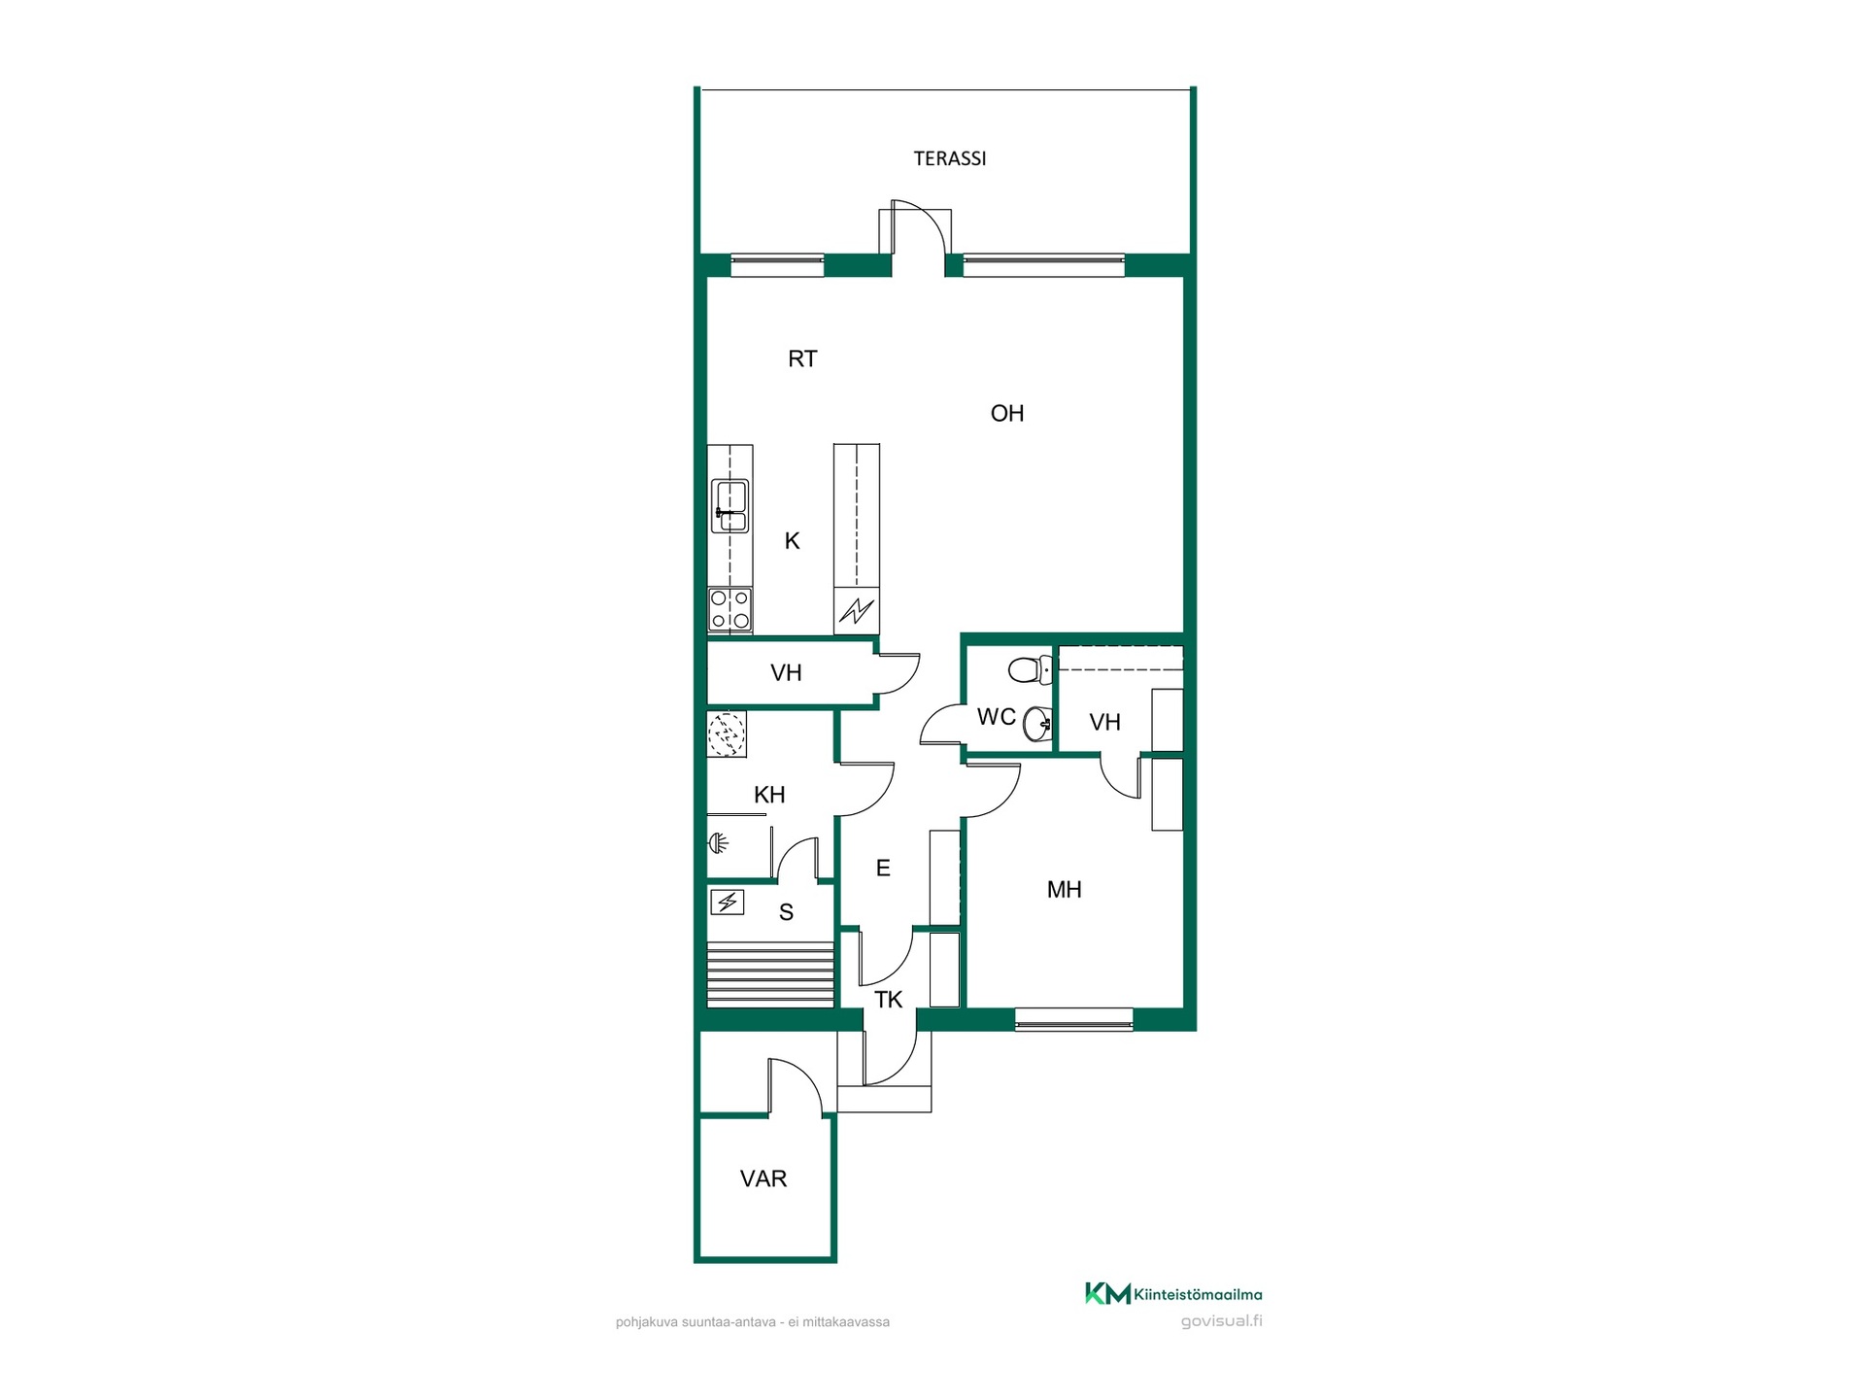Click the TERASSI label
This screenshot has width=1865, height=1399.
[949, 158]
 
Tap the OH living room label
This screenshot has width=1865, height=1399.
[1007, 414]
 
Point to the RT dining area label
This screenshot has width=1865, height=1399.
[802, 359]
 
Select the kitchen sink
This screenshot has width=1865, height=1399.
[729, 506]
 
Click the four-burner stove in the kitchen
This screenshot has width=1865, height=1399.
[729, 610]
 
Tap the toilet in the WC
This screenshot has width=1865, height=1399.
[1031, 669]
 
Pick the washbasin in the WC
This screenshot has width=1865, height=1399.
[1038, 724]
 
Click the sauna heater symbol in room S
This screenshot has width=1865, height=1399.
[727, 903]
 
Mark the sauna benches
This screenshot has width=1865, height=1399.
[770, 974]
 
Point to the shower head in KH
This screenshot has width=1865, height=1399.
[719, 842]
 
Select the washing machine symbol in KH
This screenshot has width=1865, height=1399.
[727, 734]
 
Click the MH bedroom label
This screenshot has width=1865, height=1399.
[1064, 890]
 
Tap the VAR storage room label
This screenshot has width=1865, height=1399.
[763, 1179]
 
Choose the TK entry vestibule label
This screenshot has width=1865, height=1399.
[888, 1000]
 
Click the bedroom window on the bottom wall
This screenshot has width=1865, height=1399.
[1073, 1019]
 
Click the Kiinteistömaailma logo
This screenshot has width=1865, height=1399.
[1173, 1294]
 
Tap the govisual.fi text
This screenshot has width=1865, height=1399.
[1221, 1321]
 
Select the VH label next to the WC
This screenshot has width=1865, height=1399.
[1104, 723]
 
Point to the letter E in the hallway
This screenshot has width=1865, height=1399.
[883, 869]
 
